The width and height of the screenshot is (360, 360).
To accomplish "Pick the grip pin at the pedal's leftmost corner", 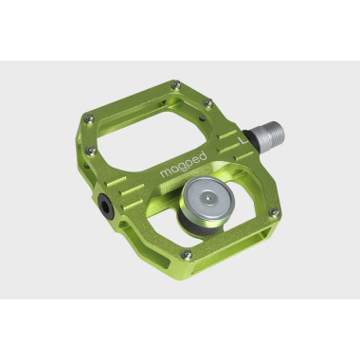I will (x=88, y=120).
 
